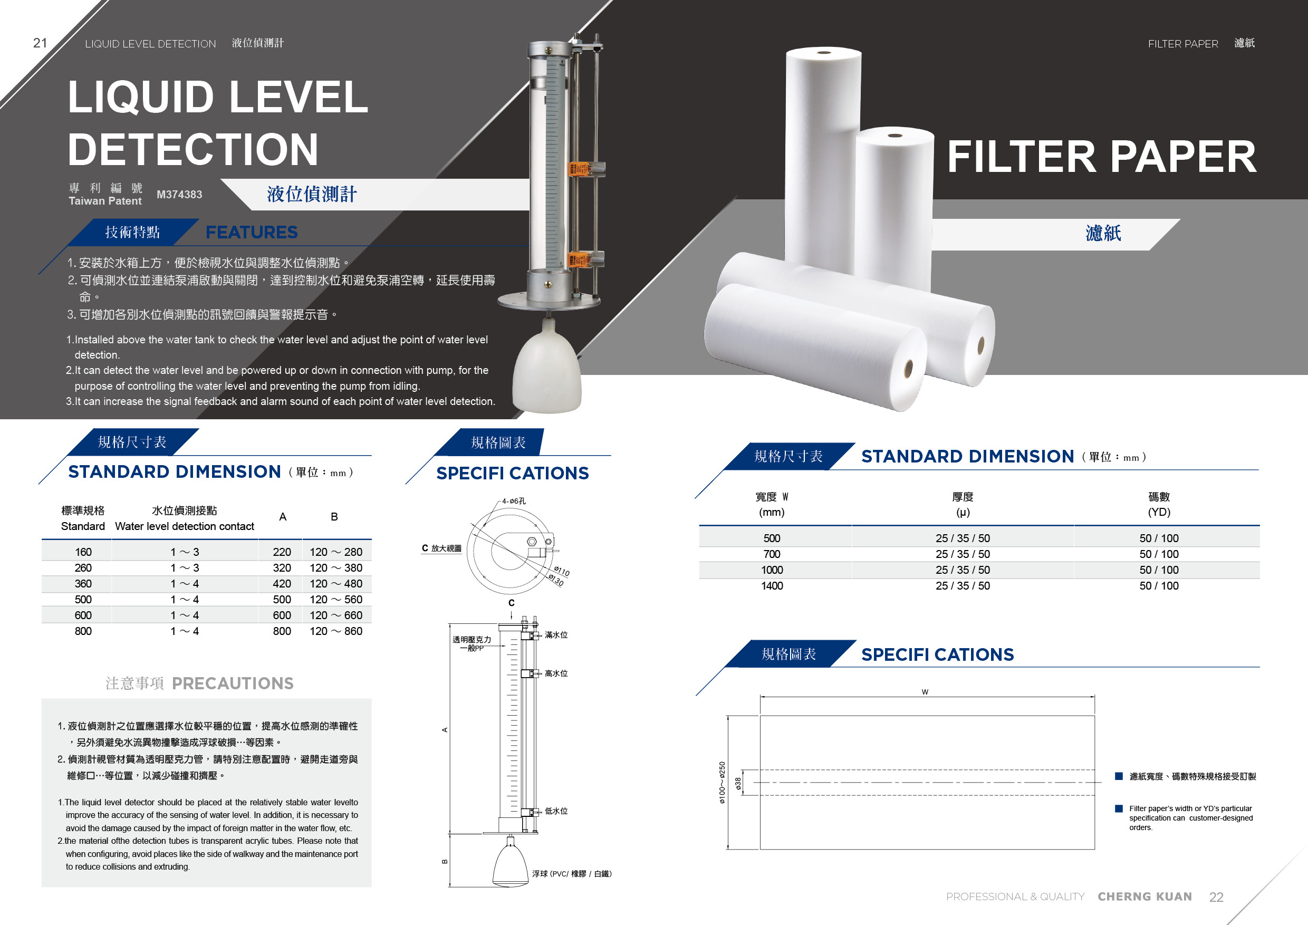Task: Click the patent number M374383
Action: pos(179,194)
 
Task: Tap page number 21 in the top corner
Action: pos(40,43)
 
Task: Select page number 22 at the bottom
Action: pos(1216,897)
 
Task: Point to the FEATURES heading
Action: pos(251,233)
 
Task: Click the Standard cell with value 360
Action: pos(83,584)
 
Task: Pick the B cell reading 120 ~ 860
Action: pos(336,631)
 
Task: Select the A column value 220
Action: pos(282,552)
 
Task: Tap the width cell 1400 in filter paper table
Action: pos(772,585)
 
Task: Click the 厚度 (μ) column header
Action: pos(963,504)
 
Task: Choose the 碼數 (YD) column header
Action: pos(1159,504)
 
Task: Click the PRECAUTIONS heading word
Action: pos(233,683)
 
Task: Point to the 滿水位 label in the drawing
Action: pos(556,635)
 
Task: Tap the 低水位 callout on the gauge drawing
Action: pos(556,811)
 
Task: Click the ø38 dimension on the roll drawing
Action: pos(738,784)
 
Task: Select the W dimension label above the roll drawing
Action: pos(925,692)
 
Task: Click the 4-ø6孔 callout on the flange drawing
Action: pos(514,501)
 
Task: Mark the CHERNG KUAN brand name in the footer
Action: pos(1144,897)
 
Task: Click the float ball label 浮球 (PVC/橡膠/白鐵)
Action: pos(572,874)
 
